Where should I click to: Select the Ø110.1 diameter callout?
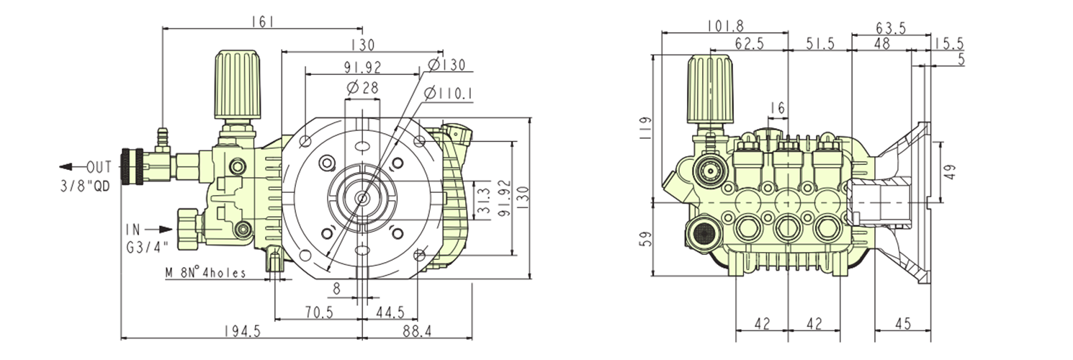pos(447,93)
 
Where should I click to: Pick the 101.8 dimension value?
pos(724,27)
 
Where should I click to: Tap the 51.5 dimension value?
pos(820,45)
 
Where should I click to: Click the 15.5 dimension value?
pos(948,45)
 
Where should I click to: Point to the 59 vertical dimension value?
pos(646,239)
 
